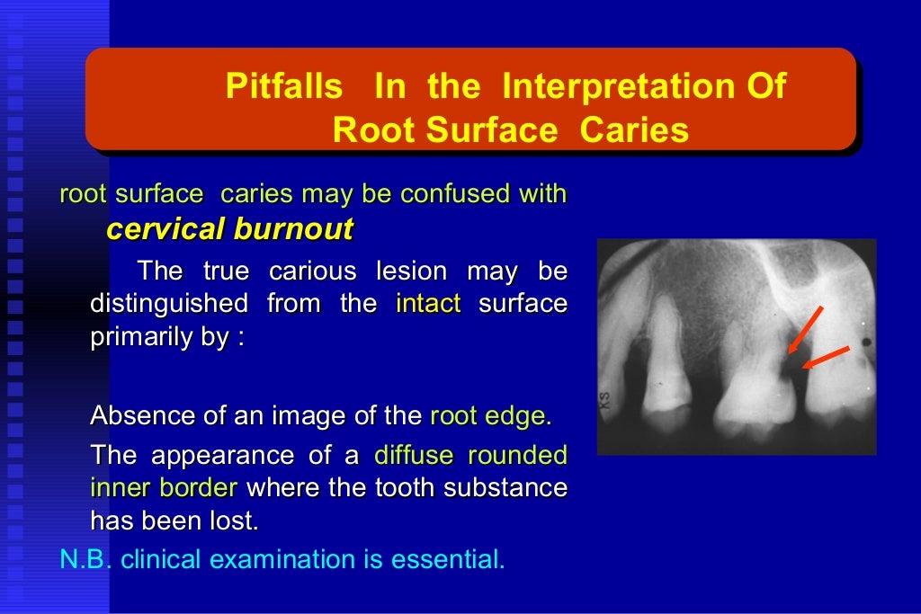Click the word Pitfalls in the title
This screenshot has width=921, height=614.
coord(283,87)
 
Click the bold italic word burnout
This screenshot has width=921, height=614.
coord(293,229)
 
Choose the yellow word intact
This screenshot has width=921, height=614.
coord(428,304)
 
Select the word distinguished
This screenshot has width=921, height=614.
coord(169,304)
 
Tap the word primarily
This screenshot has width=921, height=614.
coord(136,341)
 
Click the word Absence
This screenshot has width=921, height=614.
coord(143,416)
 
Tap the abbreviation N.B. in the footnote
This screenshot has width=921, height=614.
coord(85,559)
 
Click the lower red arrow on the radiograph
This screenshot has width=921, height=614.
coord(826,357)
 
